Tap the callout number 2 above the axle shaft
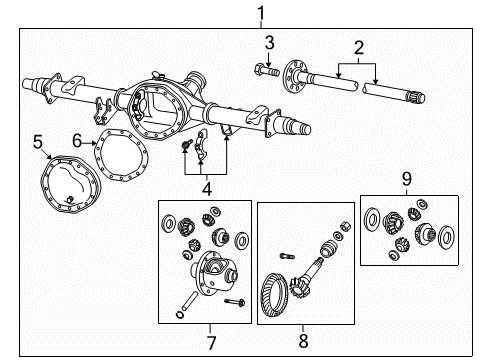(356, 47)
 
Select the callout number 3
(269, 41)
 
